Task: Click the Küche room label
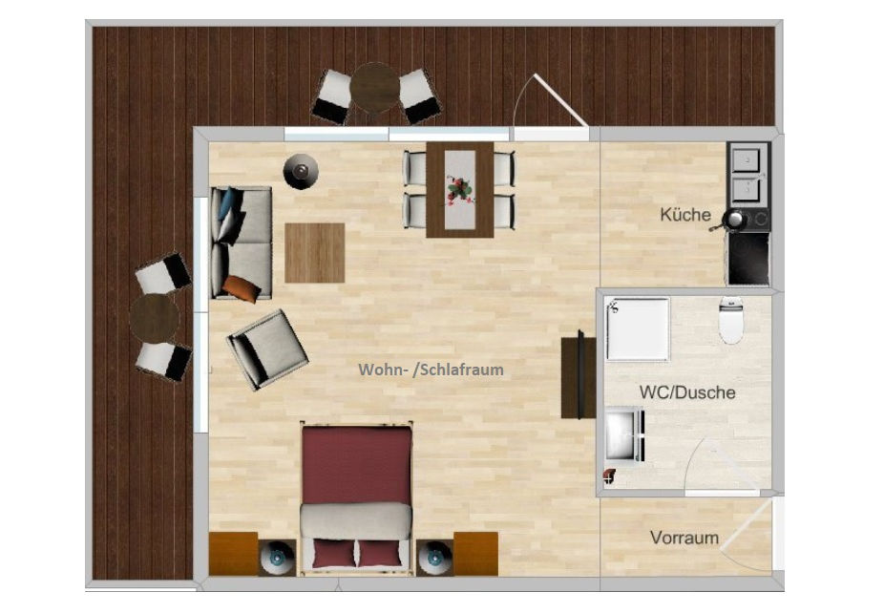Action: tap(685, 215)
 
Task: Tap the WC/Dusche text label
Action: tap(686, 392)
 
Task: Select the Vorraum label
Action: tap(684, 538)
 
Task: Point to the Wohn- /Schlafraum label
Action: tap(431, 370)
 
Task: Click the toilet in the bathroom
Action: tap(731, 321)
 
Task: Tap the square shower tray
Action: tap(638, 328)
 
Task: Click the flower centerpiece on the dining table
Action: tap(460, 188)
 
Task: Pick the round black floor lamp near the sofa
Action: tap(300, 171)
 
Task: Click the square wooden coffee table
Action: tap(314, 252)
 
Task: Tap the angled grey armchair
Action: tap(267, 349)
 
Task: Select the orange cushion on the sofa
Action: tap(242, 286)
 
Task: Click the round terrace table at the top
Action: tap(374, 89)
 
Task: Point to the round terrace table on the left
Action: tap(154, 316)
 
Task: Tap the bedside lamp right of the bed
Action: tap(435, 555)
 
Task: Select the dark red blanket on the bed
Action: tap(357, 464)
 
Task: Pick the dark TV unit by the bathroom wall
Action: tap(572, 373)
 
